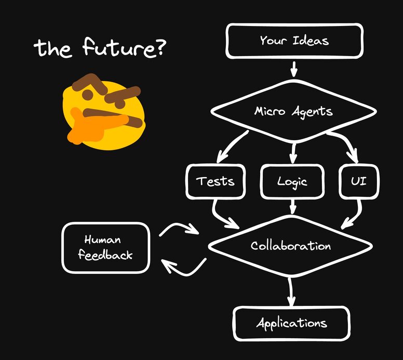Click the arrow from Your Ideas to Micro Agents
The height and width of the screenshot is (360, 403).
pyautogui.click(x=294, y=69)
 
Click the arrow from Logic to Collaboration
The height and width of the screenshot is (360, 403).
pyautogui.click(x=293, y=206)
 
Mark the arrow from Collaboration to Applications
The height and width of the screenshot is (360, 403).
pyautogui.click(x=291, y=292)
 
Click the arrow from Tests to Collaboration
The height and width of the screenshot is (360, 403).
pyautogui.click(x=219, y=218)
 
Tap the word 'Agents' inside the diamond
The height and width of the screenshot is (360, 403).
pyautogui.click(x=312, y=112)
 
